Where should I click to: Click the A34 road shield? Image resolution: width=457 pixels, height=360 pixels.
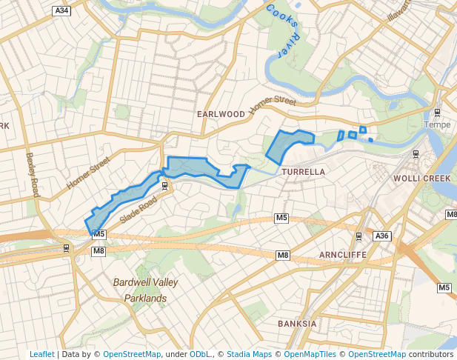pos(62,10)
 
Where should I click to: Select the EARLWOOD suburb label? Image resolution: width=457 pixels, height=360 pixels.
pos(221,114)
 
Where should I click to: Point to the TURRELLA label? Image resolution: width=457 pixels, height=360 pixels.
pos(304,171)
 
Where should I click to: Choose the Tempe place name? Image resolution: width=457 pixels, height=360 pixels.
pos(437,124)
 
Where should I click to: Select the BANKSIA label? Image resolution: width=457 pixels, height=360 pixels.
pos(297,324)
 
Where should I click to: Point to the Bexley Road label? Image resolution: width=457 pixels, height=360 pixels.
pos(32,175)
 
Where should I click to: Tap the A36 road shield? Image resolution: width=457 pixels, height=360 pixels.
pos(381,236)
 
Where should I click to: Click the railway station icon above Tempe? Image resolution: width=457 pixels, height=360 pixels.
pos(437,113)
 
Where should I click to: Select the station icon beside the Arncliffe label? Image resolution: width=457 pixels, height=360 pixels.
pos(358,236)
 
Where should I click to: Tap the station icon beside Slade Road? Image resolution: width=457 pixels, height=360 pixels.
pos(164,185)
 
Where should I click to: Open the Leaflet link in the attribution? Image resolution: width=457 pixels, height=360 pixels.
pos(42,354)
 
